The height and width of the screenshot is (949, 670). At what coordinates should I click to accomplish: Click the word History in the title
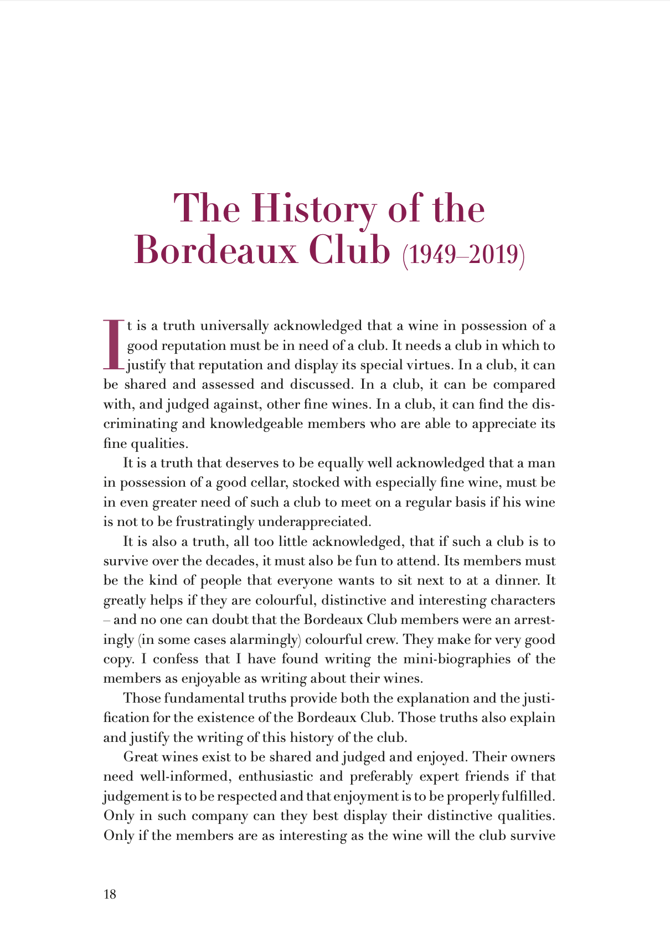click(313, 209)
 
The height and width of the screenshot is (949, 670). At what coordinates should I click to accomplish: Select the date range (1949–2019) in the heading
click(463, 255)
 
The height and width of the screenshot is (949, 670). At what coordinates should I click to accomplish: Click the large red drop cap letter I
click(112, 344)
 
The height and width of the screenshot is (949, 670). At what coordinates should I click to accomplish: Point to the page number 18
click(110, 894)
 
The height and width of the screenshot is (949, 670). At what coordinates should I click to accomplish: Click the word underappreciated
click(313, 522)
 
